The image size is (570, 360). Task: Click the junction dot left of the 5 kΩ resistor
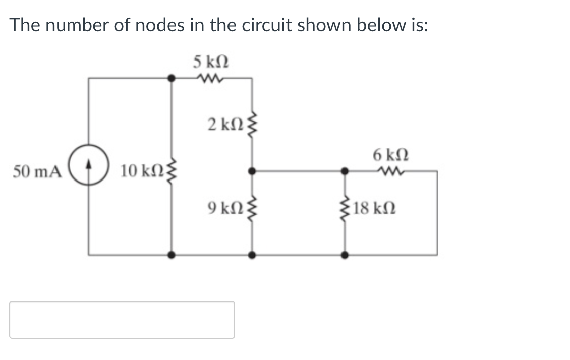[172, 78]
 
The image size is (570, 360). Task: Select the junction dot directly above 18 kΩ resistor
[345, 171]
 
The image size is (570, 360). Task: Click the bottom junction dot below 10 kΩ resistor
[172, 255]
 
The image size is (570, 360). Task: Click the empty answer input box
[122, 320]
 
